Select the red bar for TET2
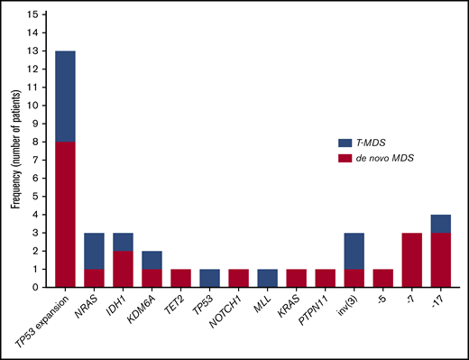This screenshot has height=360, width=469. [179, 278]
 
